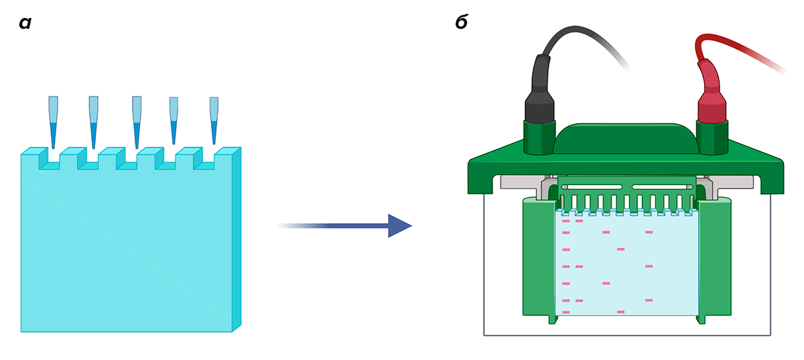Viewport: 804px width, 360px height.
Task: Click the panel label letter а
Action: tap(25, 23)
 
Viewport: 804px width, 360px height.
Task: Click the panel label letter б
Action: tap(461, 23)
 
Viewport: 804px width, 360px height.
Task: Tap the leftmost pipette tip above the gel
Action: tap(53, 121)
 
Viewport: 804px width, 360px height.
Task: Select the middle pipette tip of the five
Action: tap(137, 121)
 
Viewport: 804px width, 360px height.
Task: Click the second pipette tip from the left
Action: tap(94, 121)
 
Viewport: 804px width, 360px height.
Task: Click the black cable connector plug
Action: tap(539, 94)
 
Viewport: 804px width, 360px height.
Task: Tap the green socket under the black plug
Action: tap(539, 137)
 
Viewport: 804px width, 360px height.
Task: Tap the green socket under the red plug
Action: tap(712, 137)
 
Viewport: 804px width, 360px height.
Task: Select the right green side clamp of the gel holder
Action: tap(714, 258)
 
